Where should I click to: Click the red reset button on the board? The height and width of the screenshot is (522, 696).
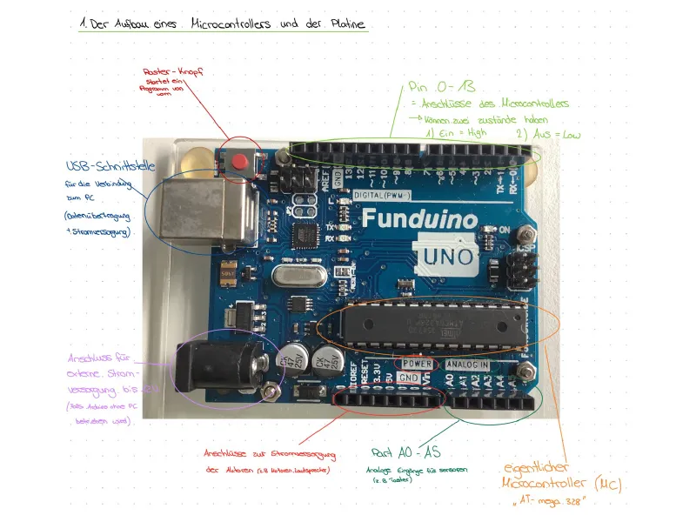tap(239, 160)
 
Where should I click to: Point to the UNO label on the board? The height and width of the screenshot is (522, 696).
tap(449, 256)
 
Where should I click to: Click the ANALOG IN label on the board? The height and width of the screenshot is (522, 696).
tap(467, 364)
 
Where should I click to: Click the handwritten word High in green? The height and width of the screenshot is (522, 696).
tap(477, 135)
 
